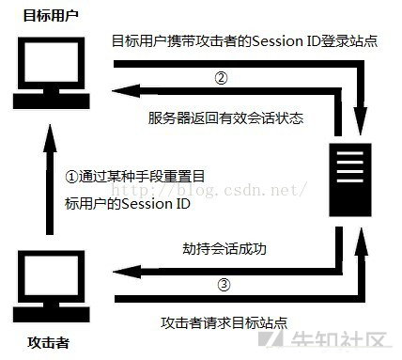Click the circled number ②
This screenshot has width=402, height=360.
click(x=221, y=78)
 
